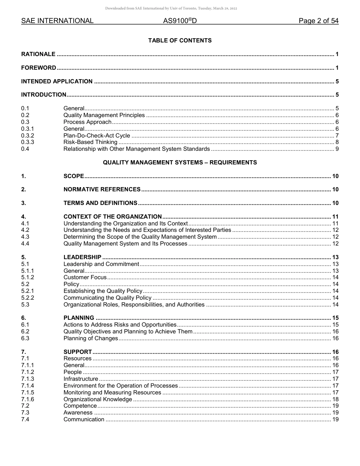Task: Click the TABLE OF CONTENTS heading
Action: (x=180, y=41)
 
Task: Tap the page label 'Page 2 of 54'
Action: (x=318, y=21)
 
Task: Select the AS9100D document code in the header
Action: (x=180, y=21)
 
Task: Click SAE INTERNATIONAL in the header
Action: (x=57, y=21)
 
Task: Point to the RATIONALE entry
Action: (x=38, y=54)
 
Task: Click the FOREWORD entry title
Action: (x=39, y=68)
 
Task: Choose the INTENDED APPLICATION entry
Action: (x=57, y=81)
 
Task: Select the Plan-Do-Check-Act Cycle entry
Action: (x=97, y=136)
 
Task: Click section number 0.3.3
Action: (x=28, y=142)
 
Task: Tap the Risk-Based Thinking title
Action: (x=90, y=142)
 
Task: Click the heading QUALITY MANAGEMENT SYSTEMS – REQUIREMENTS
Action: (x=180, y=163)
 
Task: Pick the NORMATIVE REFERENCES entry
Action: (x=102, y=189)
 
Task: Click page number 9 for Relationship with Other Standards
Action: (x=337, y=149)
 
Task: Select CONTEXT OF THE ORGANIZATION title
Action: (x=113, y=217)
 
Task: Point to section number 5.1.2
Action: (x=28, y=278)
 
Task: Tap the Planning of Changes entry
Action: (x=91, y=338)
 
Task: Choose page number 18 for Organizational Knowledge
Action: (x=335, y=399)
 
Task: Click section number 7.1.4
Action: (x=28, y=386)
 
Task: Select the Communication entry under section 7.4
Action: (x=84, y=419)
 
